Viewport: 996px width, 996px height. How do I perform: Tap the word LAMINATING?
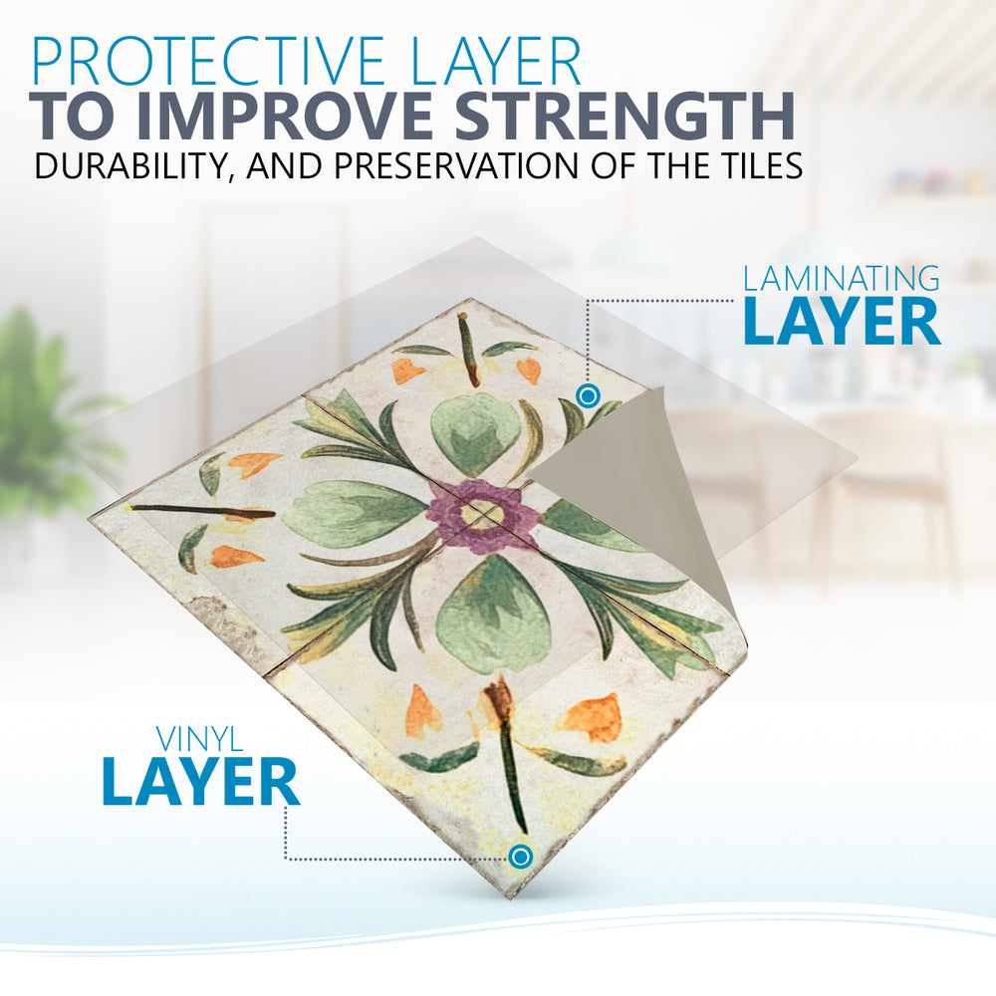(x=842, y=279)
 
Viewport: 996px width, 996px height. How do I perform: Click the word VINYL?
(x=199, y=739)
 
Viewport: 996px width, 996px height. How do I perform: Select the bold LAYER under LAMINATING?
(x=842, y=321)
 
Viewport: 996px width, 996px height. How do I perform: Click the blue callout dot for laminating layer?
(x=588, y=395)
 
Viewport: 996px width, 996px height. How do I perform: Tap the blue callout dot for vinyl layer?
(x=520, y=857)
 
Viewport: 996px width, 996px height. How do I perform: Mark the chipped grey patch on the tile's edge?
(x=225, y=625)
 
